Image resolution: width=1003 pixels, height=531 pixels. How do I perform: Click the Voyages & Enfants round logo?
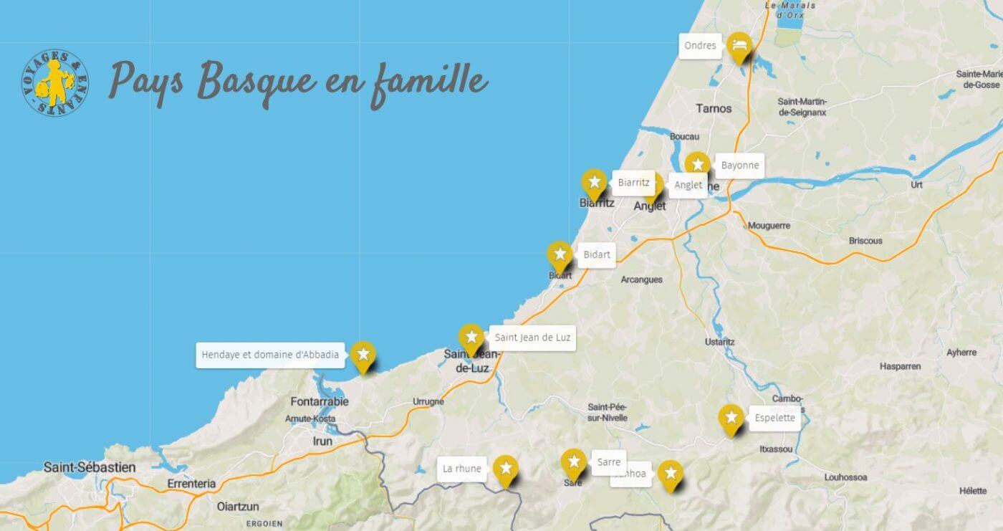point(55,84)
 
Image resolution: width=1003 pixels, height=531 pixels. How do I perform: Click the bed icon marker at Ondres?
point(739,46)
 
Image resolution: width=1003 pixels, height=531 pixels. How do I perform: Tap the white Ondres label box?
point(700,46)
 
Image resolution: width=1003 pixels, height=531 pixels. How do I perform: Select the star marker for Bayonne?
point(697,165)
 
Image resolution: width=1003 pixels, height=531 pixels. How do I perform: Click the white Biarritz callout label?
point(633,183)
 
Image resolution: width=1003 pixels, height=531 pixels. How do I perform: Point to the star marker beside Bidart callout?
point(560,255)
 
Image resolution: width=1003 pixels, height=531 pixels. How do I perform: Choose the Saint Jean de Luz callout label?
point(532,338)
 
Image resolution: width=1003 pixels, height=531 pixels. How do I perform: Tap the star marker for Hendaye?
point(363,354)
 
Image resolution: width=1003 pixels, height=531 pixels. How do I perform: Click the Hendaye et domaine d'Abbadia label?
point(270,355)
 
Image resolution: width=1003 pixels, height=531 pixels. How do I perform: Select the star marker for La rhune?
point(506,469)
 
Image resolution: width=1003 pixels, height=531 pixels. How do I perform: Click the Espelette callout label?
point(774,418)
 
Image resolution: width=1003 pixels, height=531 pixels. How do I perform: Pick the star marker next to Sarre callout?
point(573,461)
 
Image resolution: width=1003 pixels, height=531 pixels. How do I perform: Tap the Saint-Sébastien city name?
point(90,467)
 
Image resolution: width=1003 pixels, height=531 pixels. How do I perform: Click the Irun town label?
point(322,441)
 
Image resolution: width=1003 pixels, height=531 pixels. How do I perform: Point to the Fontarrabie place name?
point(320,401)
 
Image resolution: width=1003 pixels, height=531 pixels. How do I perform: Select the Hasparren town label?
point(900,366)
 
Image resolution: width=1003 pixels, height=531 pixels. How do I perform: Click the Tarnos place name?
point(714,108)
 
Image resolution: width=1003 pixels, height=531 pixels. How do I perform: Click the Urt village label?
point(916,184)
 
